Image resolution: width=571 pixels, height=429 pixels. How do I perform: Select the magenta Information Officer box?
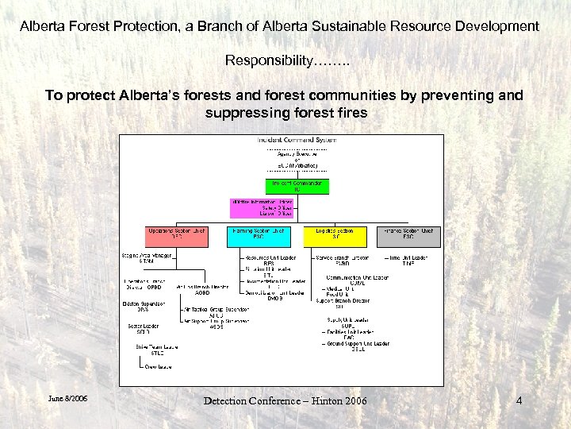click(261, 208)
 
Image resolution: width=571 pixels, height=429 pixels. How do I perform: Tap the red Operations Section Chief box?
click(176, 234)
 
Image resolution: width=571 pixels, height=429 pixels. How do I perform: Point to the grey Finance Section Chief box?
click(408, 234)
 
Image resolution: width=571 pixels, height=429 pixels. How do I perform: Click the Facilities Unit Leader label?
click(354, 331)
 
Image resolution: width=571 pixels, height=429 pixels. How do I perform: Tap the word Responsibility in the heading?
click(270, 60)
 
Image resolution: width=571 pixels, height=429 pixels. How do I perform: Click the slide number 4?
click(519, 400)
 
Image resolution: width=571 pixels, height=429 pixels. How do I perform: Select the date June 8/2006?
click(68, 398)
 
